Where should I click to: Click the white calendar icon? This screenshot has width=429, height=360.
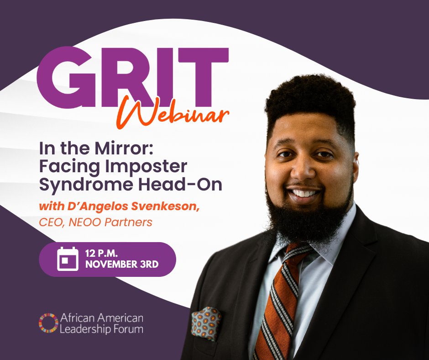tap(68, 259)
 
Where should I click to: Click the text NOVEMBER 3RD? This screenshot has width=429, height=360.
tap(122, 265)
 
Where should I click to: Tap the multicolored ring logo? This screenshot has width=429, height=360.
tap(48, 323)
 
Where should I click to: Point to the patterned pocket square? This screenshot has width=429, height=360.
tap(206, 322)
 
